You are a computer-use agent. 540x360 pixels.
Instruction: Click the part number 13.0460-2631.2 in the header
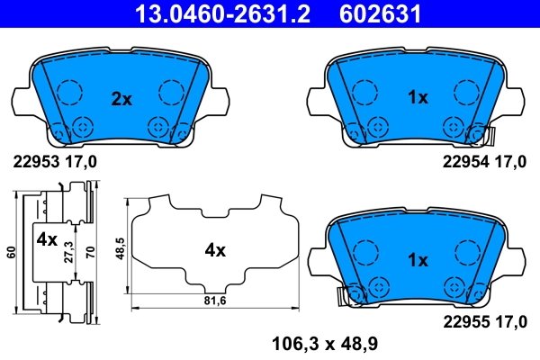[x=209, y=13]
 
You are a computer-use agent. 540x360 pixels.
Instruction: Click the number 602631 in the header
[x=379, y=13]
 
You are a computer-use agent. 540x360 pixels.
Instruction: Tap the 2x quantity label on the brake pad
[x=121, y=99]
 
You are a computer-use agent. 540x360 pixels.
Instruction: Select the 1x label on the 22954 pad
[x=418, y=98]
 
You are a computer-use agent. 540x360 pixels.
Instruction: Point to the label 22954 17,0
[x=482, y=162]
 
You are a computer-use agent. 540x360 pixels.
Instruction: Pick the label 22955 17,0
[x=482, y=320]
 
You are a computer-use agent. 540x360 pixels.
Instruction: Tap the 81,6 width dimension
[x=213, y=301]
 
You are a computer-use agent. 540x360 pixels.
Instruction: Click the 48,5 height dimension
[x=120, y=248]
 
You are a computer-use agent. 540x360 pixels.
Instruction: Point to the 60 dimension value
[x=10, y=253]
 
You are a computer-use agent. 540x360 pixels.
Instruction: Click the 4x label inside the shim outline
[x=213, y=251]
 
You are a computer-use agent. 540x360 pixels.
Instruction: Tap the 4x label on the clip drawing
[x=46, y=241]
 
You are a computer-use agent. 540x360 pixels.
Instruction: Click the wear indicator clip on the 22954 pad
[x=489, y=137]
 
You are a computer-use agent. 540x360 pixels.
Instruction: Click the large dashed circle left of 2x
[x=67, y=92]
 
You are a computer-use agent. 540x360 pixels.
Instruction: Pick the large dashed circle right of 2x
[x=171, y=92]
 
